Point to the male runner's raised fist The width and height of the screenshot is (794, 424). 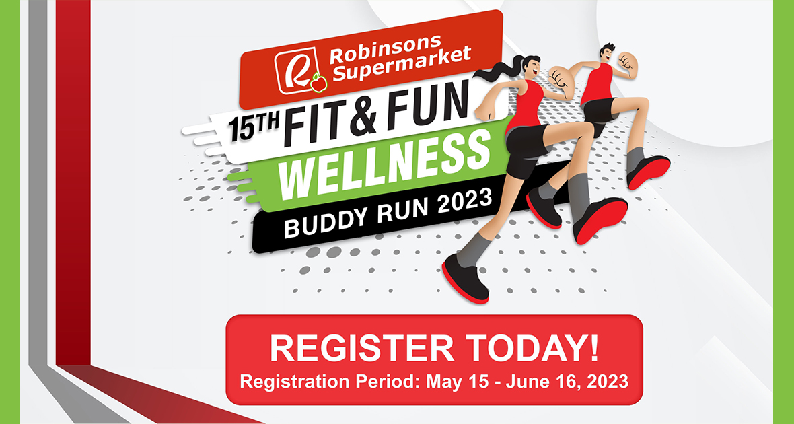(x=628, y=63)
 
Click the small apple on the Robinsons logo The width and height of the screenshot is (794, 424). (x=318, y=83)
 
